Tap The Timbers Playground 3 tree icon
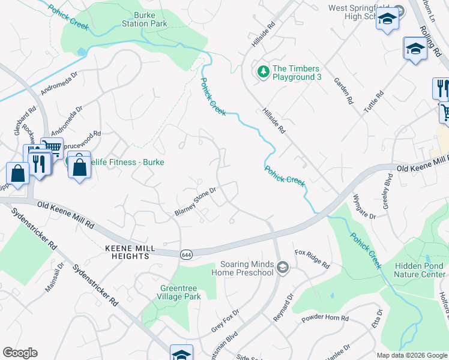coord(263,71)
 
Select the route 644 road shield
coord(187,255)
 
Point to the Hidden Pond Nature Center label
coord(420,270)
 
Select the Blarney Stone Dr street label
coord(195,201)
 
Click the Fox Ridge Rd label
coord(312,259)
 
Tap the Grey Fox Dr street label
coord(225,321)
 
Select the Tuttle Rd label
coord(373,103)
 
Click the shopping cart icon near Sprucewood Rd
coord(52,147)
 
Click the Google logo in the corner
coord(20,353)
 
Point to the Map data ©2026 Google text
coord(411,355)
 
